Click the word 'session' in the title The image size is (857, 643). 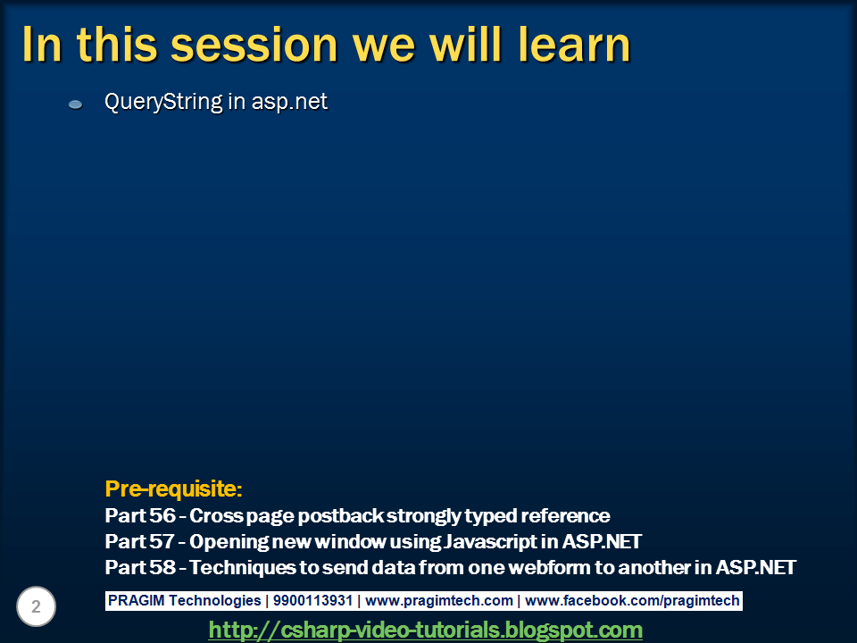click(254, 46)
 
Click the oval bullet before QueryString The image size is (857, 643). click(75, 104)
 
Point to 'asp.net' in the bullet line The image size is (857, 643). click(289, 102)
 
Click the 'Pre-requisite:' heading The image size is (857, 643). click(173, 489)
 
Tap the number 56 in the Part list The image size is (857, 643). click(162, 515)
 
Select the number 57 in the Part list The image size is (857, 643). click(162, 541)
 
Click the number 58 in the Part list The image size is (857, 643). click(162, 567)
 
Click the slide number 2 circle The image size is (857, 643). click(36, 606)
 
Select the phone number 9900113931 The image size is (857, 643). click(312, 600)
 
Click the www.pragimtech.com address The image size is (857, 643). click(439, 600)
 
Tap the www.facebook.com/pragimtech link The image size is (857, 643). click(632, 600)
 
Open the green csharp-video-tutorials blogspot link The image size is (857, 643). click(425, 630)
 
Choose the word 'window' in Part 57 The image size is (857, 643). click(350, 541)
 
